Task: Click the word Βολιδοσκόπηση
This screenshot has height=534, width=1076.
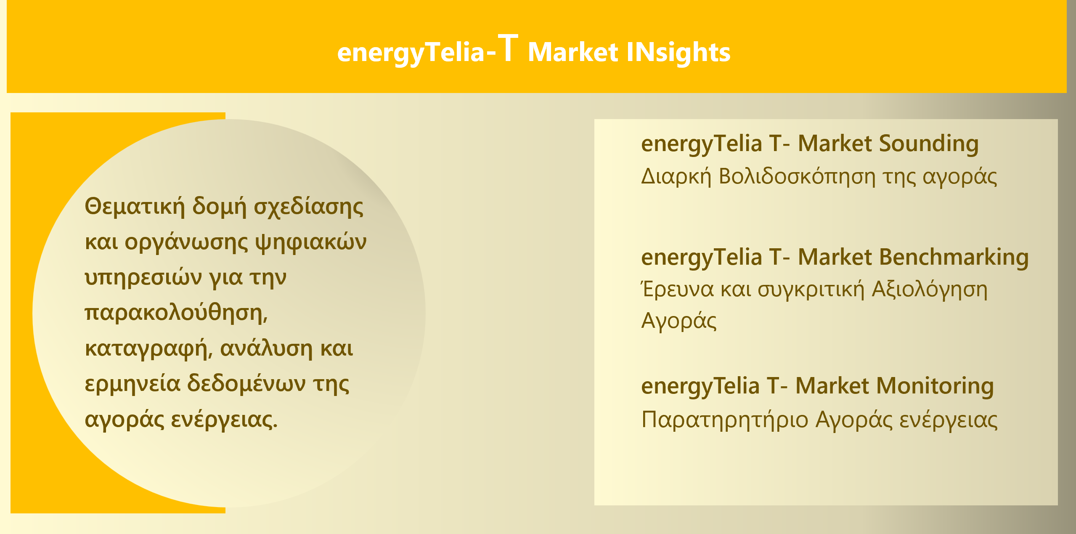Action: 797,177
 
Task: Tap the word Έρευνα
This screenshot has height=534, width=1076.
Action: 677,290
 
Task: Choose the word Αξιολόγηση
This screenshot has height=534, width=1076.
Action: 930,290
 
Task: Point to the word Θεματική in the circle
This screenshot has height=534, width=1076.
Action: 135,207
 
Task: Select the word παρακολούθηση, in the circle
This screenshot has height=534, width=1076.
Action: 176,313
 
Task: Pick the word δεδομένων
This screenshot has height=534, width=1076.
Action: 246,383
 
